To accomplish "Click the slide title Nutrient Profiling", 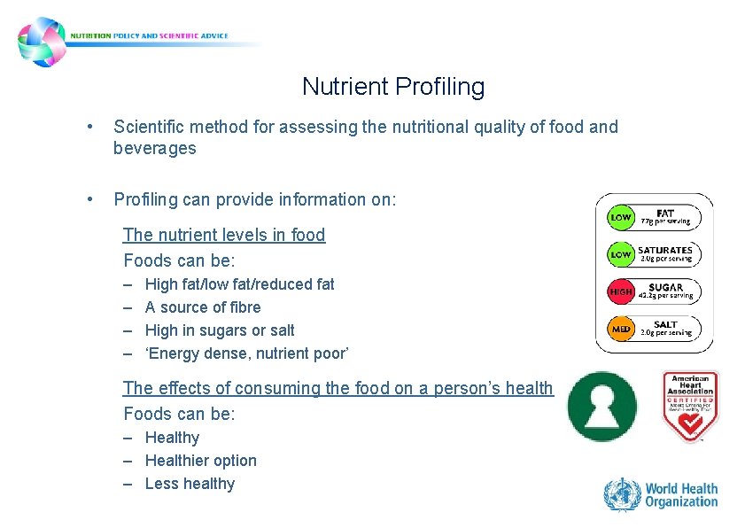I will (393, 87).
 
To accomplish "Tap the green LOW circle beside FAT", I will (621, 217).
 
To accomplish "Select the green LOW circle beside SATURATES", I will (621, 254).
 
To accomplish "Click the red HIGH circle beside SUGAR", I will (621, 291).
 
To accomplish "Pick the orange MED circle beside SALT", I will (621, 329).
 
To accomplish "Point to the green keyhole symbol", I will (601, 406).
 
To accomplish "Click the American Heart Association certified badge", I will (690, 406).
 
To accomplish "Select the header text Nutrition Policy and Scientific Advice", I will (155, 36).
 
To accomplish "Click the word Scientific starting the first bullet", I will (146, 127).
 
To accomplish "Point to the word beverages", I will (154, 148).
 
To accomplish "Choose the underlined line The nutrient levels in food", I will (224, 235).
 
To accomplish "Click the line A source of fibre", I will (203, 307).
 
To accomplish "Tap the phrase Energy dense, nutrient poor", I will (247, 353).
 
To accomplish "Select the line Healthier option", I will (200, 461).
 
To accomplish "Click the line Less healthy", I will (190, 484).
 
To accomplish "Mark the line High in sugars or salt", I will (220, 330).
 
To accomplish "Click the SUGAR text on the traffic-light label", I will (665, 287).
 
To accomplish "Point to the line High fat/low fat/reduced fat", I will (239, 284).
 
